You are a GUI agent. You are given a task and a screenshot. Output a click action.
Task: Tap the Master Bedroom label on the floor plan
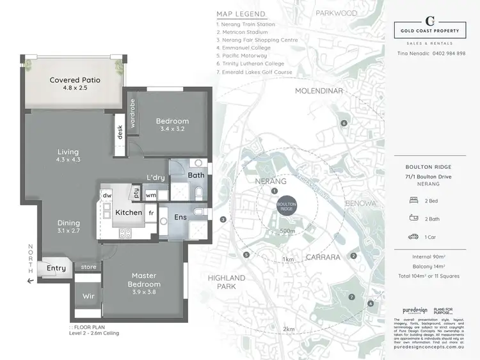[x=143, y=279]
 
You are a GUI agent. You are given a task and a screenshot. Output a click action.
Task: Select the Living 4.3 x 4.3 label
[x=68, y=155]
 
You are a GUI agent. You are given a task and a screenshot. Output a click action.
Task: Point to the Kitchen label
[x=128, y=212]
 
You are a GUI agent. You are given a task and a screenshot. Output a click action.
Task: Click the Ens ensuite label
[x=181, y=217]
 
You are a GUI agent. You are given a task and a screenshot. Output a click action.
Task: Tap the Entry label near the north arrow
[x=56, y=269]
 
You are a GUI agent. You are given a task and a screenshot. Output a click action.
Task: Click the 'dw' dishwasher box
[x=107, y=196]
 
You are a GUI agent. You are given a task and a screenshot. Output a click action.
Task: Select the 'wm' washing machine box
[x=151, y=195]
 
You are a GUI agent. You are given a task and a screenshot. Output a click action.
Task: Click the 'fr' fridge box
[x=151, y=213]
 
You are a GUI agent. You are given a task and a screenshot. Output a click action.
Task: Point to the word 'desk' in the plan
[x=120, y=132]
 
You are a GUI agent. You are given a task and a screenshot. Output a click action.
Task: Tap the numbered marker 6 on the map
[x=344, y=123]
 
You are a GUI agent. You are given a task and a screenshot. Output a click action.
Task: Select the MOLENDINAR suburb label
[x=319, y=91]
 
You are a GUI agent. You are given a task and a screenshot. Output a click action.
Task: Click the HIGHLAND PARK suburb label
[x=227, y=282]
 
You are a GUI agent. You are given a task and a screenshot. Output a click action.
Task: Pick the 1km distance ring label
[x=289, y=260]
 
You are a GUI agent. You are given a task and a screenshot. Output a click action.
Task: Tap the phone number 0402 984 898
[x=448, y=53]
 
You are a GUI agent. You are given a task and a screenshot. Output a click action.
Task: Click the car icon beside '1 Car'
[x=413, y=237]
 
